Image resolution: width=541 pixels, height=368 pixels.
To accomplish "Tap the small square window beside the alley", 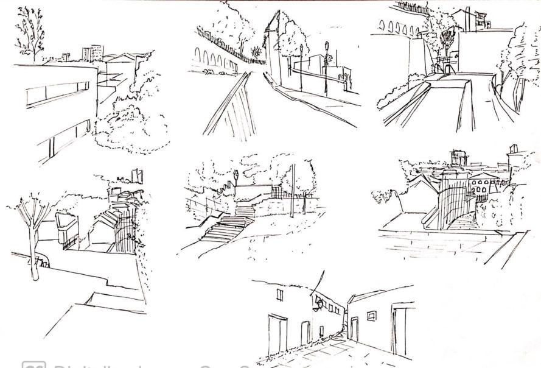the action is point(371,316).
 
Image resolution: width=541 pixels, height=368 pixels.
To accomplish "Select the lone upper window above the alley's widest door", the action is point(280,295).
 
